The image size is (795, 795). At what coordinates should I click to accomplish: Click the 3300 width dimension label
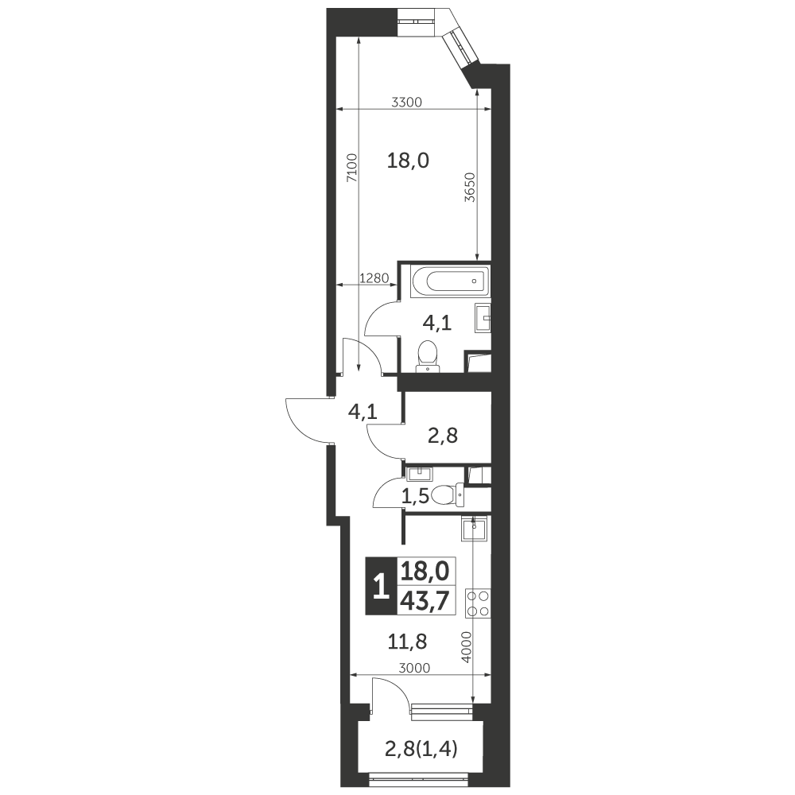406,103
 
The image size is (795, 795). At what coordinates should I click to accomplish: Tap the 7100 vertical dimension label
352,168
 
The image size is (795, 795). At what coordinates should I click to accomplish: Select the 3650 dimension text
470,188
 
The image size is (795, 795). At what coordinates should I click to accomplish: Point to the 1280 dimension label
374,277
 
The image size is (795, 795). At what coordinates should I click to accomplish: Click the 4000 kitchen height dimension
467,646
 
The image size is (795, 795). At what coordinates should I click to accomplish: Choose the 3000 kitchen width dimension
414,669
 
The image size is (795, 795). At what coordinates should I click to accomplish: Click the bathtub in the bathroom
451,281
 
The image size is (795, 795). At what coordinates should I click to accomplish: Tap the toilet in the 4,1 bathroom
428,356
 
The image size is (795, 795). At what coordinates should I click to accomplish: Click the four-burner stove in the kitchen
478,603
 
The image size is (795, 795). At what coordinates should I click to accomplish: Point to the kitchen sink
474,529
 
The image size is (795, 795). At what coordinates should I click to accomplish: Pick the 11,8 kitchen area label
407,642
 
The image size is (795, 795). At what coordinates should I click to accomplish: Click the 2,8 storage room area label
443,435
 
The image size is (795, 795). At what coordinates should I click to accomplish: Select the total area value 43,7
425,601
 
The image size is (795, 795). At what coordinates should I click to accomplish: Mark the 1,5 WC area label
415,497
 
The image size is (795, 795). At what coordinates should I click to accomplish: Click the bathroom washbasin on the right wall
483,318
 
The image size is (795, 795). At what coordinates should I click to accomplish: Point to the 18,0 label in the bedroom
408,161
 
